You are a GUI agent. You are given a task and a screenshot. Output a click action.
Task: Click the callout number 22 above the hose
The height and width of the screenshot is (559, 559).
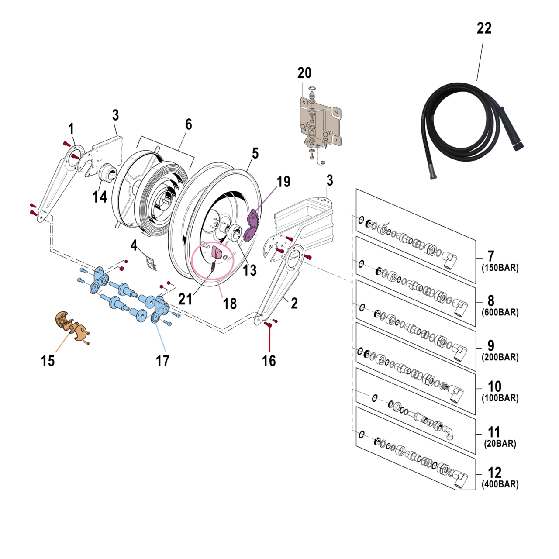[x=484, y=28]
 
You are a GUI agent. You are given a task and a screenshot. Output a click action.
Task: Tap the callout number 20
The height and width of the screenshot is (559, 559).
[x=304, y=73]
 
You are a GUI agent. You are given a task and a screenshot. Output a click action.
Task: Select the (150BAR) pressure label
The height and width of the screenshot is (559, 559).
[x=500, y=268]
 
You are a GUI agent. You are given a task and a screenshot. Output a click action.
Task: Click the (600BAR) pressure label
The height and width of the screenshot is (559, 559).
[x=500, y=312]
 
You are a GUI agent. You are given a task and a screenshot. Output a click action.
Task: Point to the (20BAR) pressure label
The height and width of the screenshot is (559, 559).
[x=500, y=444]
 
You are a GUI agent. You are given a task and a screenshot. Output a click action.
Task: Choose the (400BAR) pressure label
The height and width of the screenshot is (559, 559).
[x=500, y=484]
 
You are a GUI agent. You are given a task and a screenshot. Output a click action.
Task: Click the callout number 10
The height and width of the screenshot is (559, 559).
[x=494, y=386]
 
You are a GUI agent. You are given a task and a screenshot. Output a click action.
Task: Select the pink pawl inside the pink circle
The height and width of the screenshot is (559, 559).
[x=217, y=252]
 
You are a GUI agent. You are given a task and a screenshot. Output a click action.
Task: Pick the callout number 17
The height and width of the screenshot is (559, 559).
[x=162, y=361]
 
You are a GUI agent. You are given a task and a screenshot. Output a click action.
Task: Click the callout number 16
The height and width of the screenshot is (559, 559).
[x=269, y=361]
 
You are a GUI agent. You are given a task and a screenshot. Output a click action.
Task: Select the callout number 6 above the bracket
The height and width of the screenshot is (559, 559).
[x=188, y=124]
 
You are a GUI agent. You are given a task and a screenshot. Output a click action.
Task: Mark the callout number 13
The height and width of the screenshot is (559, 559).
[x=249, y=270]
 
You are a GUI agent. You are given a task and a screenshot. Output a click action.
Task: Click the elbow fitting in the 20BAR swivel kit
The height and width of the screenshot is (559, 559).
[x=449, y=432]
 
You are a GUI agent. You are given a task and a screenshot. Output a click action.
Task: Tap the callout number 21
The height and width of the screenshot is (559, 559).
[x=185, y=299]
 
